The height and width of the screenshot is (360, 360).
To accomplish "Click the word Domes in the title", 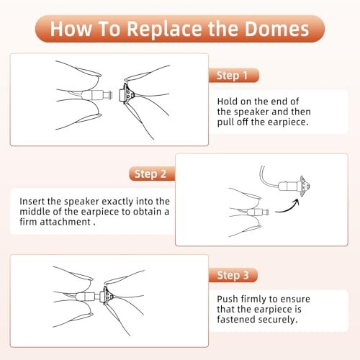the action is coord(276,29).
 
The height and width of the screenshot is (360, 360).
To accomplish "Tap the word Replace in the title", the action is coord(164,30).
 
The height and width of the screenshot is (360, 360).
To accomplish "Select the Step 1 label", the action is coord(233,76).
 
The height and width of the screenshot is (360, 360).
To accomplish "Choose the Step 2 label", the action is coord(150,174).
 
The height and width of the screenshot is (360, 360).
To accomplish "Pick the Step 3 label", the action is coord(233,275).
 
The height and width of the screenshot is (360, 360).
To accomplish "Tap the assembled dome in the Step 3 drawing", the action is coord(108,294).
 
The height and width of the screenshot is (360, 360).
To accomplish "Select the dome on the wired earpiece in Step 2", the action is coord(304,186).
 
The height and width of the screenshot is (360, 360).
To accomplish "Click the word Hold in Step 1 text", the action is coord(228,102).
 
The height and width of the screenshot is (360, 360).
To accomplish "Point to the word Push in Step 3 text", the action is coord(228,299).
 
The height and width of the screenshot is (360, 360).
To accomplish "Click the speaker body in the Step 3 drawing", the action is coord(88,296).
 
